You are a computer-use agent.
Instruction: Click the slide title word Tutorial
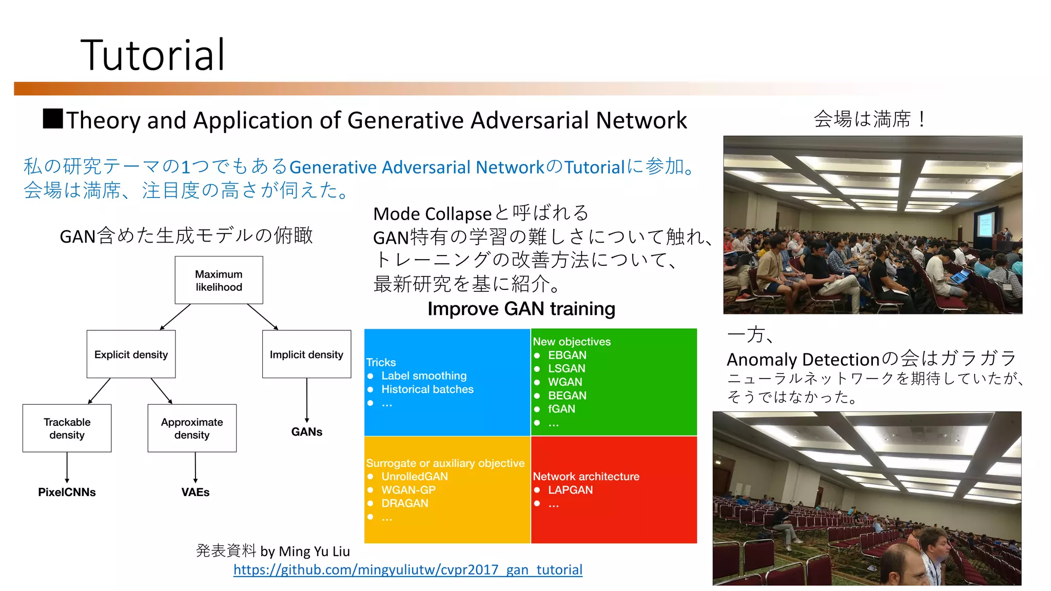coord(152,55)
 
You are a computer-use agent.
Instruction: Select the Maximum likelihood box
coord(219,280)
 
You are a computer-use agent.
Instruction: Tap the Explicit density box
coord(131,354)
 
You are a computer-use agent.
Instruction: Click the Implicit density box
coord(306,354)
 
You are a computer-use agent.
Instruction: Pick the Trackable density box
coord(67,428)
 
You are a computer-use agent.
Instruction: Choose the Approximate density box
coord(192,428)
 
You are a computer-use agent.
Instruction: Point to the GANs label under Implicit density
coord(307,432)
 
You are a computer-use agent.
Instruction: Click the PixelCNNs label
coord(67,492)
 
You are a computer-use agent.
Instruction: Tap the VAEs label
coord(196,492)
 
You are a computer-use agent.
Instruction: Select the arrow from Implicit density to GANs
coord(307,400)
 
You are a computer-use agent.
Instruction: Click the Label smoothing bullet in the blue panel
coord(424,376)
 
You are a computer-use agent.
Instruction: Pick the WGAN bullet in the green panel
coord(565,382)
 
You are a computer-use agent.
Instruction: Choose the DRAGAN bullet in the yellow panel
coord(404,503)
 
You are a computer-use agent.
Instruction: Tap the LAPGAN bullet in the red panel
coord(570,490)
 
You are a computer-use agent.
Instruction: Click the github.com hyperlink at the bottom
coord(407,570)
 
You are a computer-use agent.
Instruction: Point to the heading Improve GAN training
coord(521,309)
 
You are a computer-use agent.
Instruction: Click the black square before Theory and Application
coord(53,119)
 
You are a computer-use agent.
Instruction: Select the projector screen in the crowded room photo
coord(985,224)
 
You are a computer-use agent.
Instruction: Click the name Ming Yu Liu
coord(314,551)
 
